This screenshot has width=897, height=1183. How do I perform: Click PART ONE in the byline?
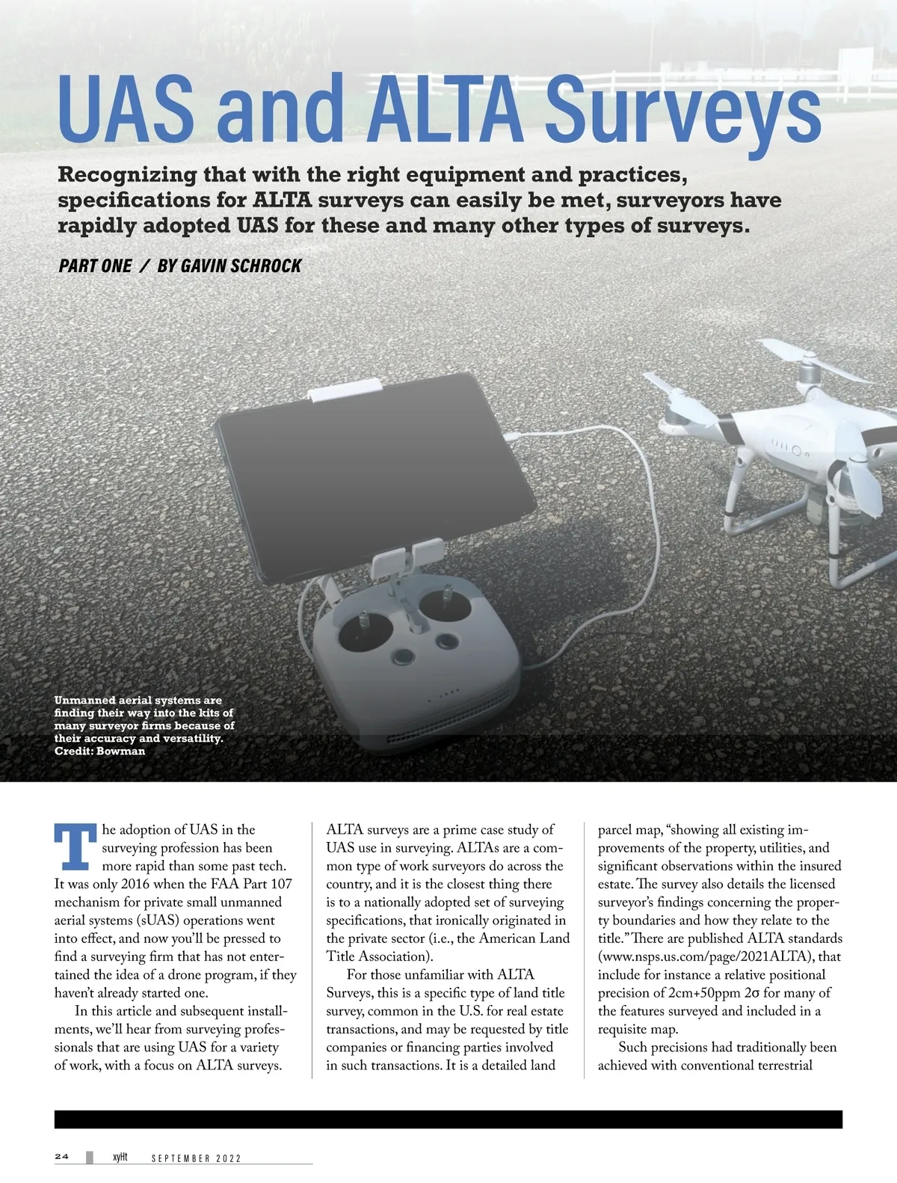(95, 265)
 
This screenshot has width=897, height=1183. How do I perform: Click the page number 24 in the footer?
(62, 1157)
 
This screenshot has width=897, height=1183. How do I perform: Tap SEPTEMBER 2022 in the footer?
(196, 1158)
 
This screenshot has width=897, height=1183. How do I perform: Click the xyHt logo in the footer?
(120, 1158)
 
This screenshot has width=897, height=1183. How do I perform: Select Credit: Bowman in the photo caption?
(100, 751)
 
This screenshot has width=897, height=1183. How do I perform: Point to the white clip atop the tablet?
(347, 391)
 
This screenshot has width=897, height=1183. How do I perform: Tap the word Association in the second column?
(389, 956)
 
